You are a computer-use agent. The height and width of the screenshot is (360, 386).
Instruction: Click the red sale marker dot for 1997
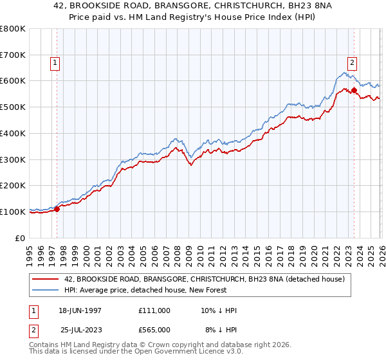point(57,208)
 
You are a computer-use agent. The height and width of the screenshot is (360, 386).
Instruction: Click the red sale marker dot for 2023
point(354,90)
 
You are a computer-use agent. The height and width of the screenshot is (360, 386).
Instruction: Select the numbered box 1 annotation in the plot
point(55,63)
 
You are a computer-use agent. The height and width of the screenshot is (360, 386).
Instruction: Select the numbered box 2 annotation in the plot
point(353,63)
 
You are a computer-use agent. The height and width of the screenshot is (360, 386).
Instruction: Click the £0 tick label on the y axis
point(21,238)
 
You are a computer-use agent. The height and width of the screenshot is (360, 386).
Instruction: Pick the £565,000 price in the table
point(154,330)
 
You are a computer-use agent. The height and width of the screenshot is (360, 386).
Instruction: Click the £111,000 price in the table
point(154,310)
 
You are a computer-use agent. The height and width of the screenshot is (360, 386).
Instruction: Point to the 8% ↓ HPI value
point(221,330)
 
